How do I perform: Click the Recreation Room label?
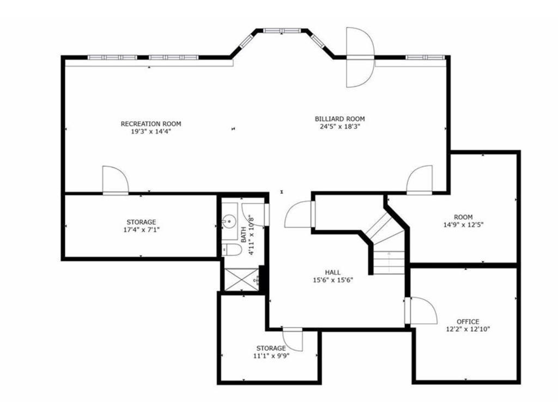pos(151,124)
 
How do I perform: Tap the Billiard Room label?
pos(340,119)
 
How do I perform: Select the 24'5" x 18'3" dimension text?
pos(340,127)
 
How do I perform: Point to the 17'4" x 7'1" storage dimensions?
pos(141,230)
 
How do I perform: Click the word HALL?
pos(333,273)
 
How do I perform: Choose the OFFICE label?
pos(468,321)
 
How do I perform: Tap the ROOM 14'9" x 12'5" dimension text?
pos(463,225)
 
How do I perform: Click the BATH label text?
pos(244,235)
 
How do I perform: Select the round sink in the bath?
pos(229,222)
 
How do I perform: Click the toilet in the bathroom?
pos(231,250)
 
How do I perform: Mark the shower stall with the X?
pos(242,279)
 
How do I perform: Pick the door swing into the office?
pos(423,310)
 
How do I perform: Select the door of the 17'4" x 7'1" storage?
pos(116,179)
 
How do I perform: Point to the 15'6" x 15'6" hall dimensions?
pos(333,280)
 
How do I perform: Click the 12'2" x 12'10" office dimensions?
pos(468,329)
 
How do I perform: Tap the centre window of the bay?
pos(282,31)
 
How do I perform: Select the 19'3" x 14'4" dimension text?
pos(151,131)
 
